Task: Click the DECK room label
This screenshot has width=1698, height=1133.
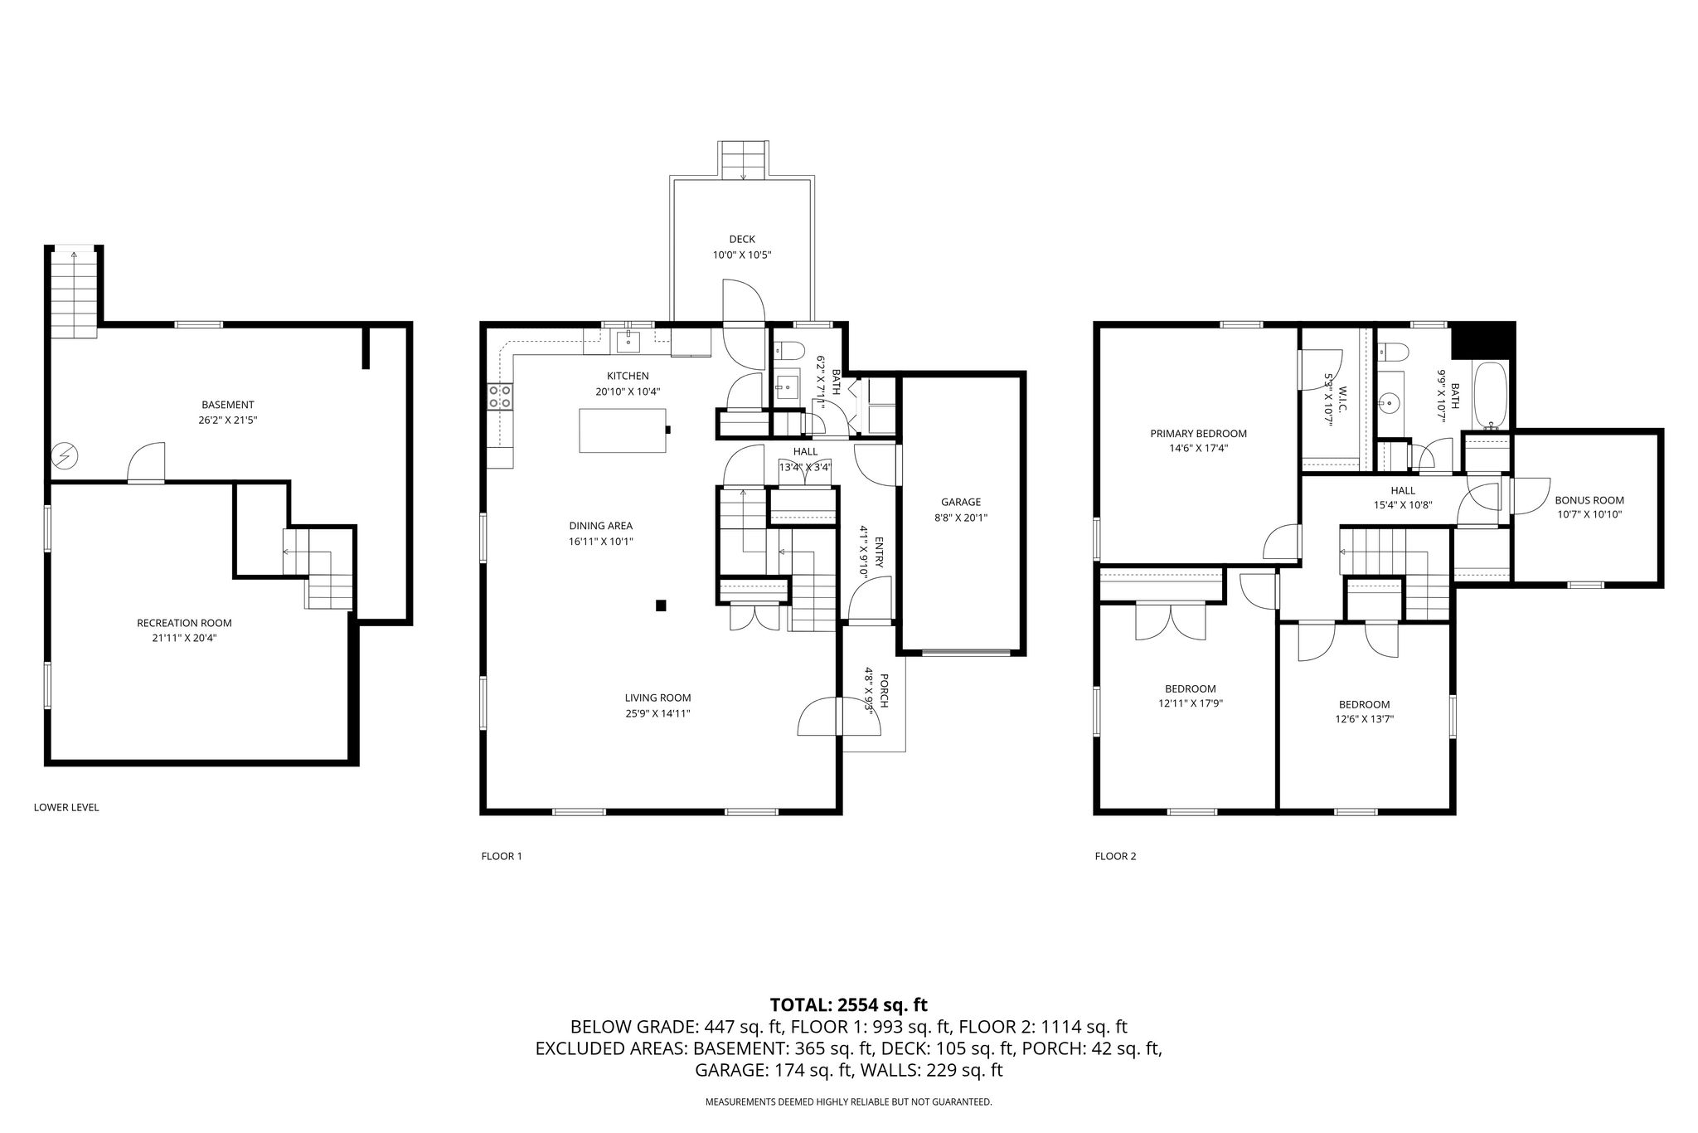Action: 742,240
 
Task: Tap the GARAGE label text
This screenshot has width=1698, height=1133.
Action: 961,502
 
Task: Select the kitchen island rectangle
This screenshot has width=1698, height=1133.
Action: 623,430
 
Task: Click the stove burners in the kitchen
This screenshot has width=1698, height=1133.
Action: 500,396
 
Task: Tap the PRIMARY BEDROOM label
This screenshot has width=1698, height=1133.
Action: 1198,434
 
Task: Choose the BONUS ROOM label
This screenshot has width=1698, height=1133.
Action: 1589,500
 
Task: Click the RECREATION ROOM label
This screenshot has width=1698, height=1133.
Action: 184,623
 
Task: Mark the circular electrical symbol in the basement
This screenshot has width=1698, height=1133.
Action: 64,455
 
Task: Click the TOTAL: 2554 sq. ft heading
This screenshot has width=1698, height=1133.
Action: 848,1005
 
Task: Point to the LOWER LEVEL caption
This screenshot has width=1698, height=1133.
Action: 66,807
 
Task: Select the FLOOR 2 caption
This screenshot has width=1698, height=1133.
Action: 1115,856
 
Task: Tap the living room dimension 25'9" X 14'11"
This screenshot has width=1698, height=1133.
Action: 657,713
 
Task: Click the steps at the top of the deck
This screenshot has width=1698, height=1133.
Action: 743,160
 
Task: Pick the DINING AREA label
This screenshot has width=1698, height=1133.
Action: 600,526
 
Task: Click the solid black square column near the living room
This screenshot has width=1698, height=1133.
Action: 661,605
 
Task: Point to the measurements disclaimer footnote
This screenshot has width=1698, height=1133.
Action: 848,1102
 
